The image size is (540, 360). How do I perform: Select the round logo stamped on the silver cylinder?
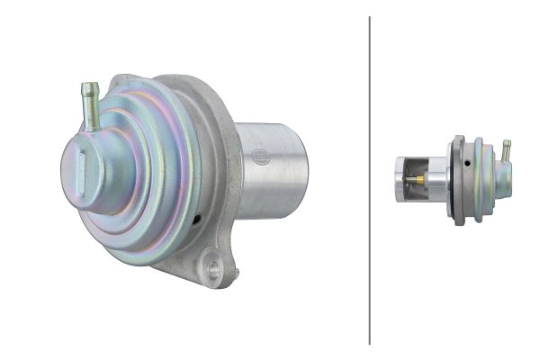point(259,157)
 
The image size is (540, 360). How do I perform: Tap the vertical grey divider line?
point(370,180)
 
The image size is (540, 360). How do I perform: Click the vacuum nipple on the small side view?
point(507,149)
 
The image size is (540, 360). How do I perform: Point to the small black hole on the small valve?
point(469,164)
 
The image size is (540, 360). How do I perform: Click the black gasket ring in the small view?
point(457,180)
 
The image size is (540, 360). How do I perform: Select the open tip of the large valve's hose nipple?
point(89,86)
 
